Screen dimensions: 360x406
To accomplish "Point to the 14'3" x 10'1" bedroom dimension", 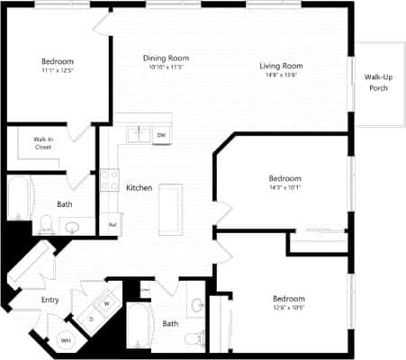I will click(x=284, y=186).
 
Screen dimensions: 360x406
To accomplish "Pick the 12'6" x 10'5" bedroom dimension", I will click(x=288, y=307).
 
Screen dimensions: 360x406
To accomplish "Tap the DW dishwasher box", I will click(x=161, y=135).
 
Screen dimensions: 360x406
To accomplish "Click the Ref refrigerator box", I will click(x=113, y=224).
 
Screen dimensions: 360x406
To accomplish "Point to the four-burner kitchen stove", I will click(x=110, y=180).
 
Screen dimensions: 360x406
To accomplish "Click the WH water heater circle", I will click(x=66, y=340).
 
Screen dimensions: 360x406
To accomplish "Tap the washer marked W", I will click(x=107, y=302).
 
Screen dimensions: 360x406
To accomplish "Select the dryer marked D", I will click(x=91, y=319).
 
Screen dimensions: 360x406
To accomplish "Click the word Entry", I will click(x=50, y=301).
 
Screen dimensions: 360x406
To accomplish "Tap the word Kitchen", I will click(x=139, y=187).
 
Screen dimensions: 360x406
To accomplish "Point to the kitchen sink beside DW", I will click(x=139, y=134).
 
